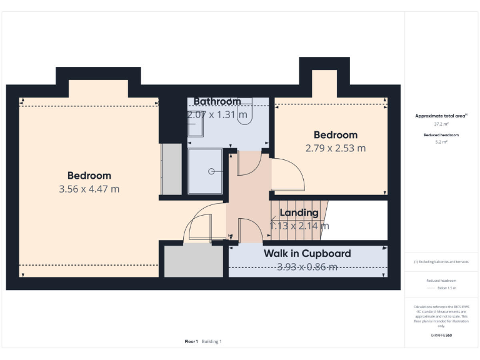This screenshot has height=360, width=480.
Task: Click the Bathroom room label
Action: click(x=217, y=101)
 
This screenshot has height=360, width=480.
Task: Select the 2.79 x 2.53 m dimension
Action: click(x=335, y=149)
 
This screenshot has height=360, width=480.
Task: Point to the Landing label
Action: click(x=299, y=213)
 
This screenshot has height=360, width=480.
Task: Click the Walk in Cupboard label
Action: click(x=307, y=253)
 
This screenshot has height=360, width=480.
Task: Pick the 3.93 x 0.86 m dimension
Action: click(x=307, y=267)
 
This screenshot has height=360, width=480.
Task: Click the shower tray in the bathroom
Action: click(x=205, y=171)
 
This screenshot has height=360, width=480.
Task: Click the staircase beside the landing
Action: click(x=297, y=220)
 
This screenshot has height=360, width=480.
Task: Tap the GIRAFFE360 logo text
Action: click(x=441, y=336)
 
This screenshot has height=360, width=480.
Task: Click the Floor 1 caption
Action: click(x=191, y=341)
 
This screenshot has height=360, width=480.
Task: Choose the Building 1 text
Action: click(x=212, y=341)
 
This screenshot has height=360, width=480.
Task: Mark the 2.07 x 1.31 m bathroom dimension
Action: click(x=217, y=115)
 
